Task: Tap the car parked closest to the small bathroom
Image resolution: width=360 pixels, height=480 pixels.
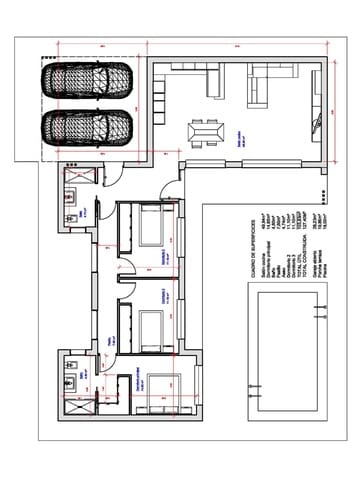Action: click(x=88, y=128)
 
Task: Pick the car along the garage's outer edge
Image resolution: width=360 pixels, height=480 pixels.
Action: click(x=88, y=80)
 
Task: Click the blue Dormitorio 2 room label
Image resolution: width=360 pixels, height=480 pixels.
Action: click(x=166, y=256)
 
